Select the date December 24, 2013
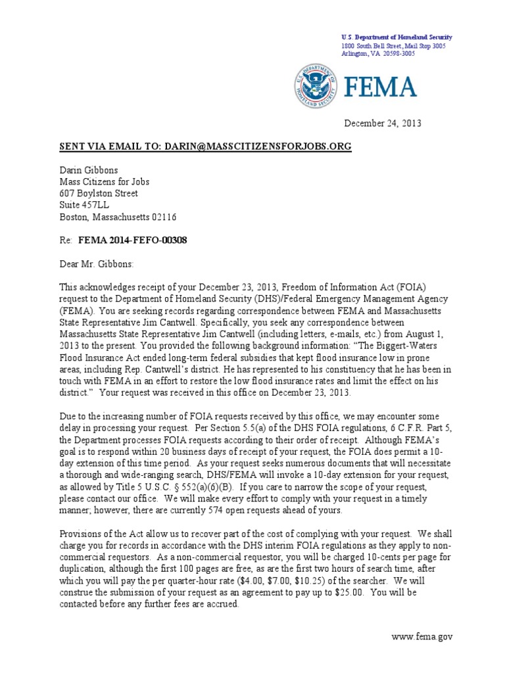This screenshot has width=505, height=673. pyautogui.click(x=383, y=123)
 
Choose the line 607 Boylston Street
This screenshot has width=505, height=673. pyautogui.click(x=99, y=194)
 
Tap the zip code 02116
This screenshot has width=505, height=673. pyautogui.click(x=162, y=218)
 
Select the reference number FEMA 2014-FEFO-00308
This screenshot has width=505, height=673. pyautogui.click(x=133, y=241)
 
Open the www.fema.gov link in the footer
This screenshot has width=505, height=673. pyautogui.click(x=421, y=637)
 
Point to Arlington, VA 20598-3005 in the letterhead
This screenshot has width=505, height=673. pyautogui.click(x=378, y=54)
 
